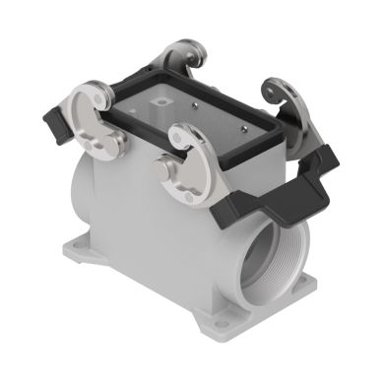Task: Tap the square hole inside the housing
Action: [158, 102]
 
